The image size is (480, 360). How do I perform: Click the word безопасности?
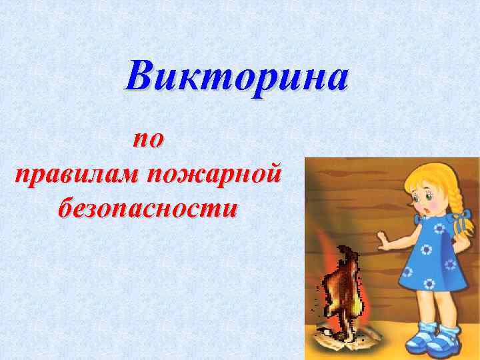pyautogui.click(x=147, y=207)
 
